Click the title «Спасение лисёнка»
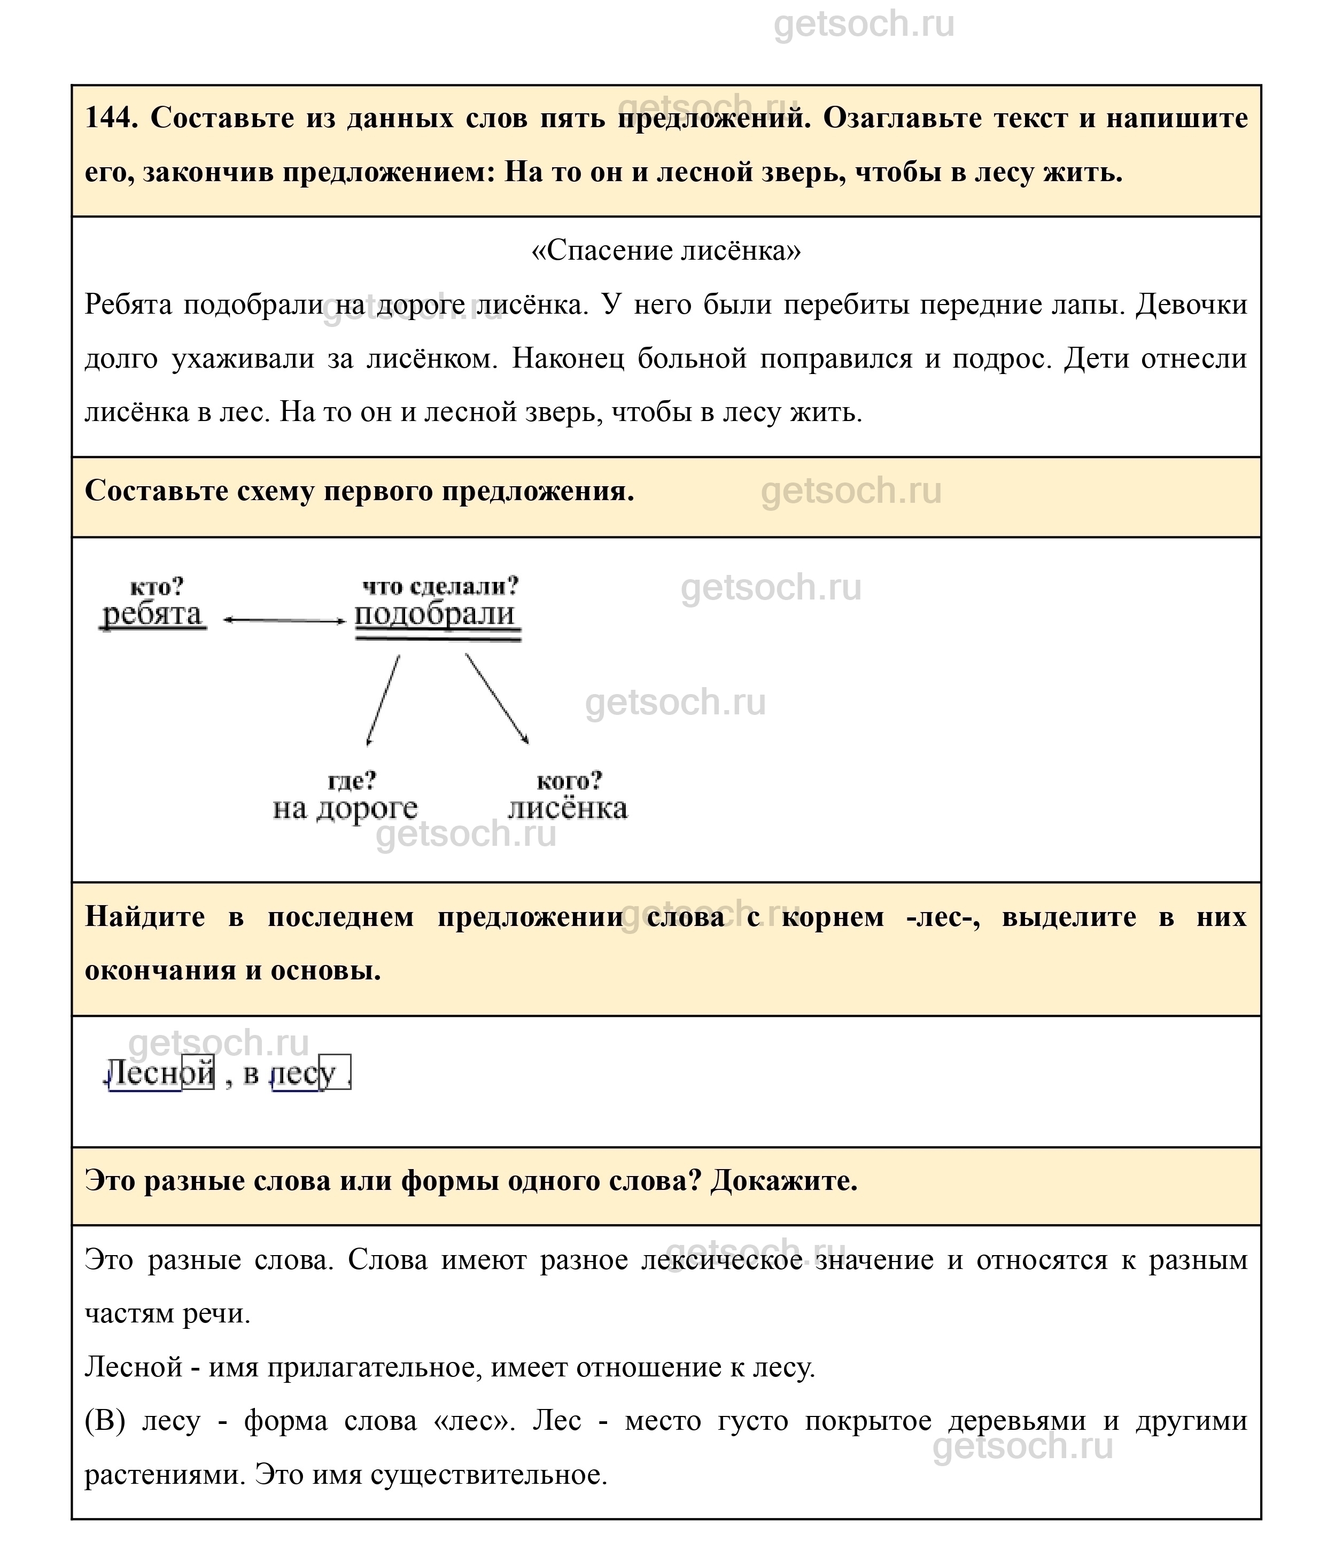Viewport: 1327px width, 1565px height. [x=666, y=251]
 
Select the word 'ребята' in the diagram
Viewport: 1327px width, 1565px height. [x=153, y=614]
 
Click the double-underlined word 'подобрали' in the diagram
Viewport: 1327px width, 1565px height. [x=436, y=614]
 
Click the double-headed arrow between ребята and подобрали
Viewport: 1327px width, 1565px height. [x=284, y=620]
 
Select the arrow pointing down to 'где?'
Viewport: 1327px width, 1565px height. [x=383, y=699]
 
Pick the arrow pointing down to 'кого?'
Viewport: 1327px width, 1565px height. [x=496, y=699]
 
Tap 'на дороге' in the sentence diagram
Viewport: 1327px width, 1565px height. [x=345, y=808]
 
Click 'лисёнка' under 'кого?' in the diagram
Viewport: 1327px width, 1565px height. [x=568, y=808]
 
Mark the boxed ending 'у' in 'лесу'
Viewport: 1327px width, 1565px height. [x=333, y=1072]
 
